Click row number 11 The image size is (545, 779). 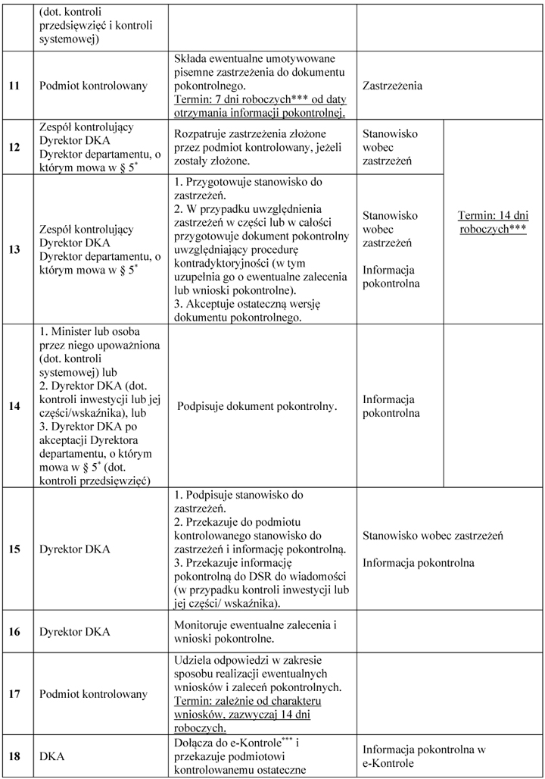pyautogui.click(x=14, y=86)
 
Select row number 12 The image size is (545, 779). pyautogui.click(x=14, y=147)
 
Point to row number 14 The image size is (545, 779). pyautogui.click(x=14, y=405)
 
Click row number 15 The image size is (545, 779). pyautogui.click(x=14, y=548)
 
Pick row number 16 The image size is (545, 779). pyautogui.click(x=14, y=631)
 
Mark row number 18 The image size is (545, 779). pyautogui.click(x=14, y=756)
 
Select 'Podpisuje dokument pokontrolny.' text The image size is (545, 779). pyautogui.click(x=257, y=406)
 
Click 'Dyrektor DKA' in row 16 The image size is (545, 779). pyautogui.click(x=74, y=631)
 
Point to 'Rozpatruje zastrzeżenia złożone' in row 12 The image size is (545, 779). pyautogui.click(x=257, y=133)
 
